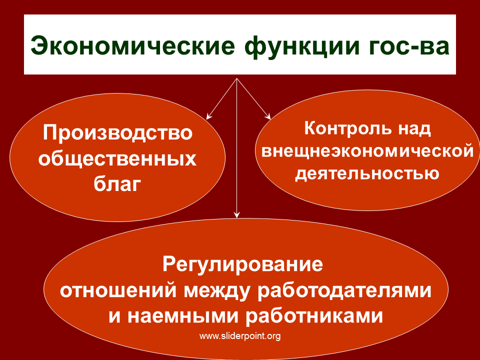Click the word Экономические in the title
[133, 45]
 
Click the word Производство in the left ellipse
[118, 133]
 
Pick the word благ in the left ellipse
[117, 184]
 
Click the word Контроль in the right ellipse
[348, 128]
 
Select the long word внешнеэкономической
[367, 151]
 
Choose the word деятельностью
[367, 174]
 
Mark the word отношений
[118, 290]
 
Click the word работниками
[314, 316]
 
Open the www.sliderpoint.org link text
[240, 336]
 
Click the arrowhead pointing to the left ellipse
[209, 116]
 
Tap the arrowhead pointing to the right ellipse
[268, 116]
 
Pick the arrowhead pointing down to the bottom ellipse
[236, 215]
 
